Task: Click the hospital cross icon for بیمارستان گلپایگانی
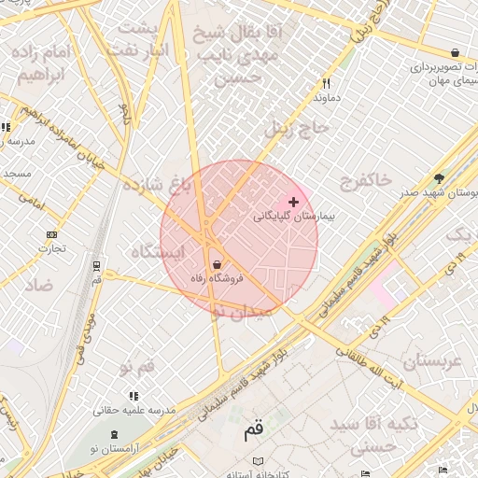pyautogui.click(x=294, y=202)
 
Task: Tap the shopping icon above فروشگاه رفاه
pyautogui.click(x=217, y=264)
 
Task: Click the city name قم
pyautogui.click(x=253, y=431)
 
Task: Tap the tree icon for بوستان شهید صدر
pyautogui.click(x=440, y=178)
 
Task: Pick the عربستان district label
pyautogui.click(x=432, y=360)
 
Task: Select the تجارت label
pyautogui.click(x=51, y=248)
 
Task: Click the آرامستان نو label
pyautogui.click(x=115, y=449)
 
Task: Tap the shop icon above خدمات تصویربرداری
pyautogui.click(x=454, y=53)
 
